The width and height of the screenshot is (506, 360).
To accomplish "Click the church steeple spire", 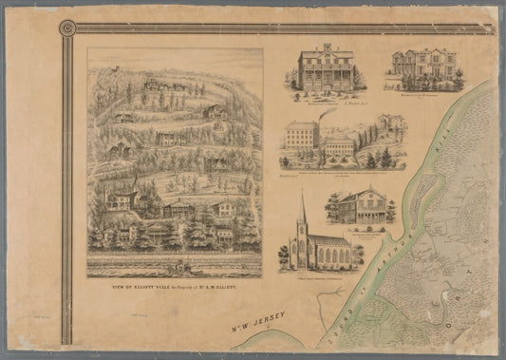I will click(303, 207).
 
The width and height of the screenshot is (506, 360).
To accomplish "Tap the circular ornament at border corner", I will click(67, 28).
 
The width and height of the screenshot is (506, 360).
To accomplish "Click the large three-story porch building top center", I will click(325, 68).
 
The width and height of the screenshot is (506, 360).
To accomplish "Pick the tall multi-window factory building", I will click(302, 136).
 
